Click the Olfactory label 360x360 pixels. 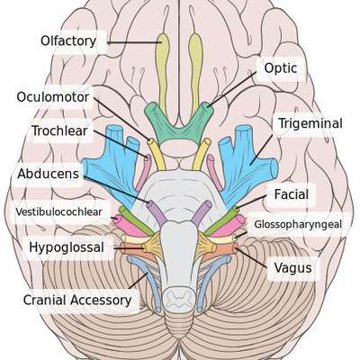(68, 41)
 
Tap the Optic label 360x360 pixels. (281, 68)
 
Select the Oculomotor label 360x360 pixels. (53, 97)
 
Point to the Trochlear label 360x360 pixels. (59, 130)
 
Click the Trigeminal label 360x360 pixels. (310, 123)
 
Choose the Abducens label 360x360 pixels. (48, 174)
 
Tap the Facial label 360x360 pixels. (292, 194)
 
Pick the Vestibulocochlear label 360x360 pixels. (58, 211)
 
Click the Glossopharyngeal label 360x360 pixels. (298, 224)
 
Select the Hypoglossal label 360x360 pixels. (67, 247)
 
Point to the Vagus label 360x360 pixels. (292, 268)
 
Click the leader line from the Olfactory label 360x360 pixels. (134, 42)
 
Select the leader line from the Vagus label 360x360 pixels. (250, 257)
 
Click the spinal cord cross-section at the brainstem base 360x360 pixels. (178, 299)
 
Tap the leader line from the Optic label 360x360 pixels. (231, 89)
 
